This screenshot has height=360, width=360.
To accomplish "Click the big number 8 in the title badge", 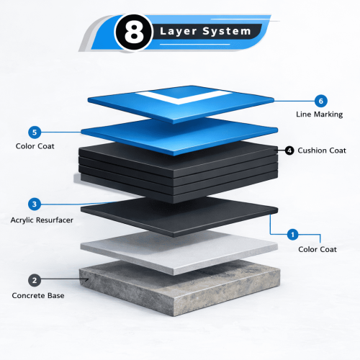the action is [x=134, y=32].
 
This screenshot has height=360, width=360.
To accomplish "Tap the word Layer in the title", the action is [x=179, y=32].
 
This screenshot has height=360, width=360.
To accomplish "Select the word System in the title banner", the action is [x=227, y=32].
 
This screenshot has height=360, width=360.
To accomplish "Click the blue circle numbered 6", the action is [x=321, y=101].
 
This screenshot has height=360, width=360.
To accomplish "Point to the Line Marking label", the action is [x=319, y=114].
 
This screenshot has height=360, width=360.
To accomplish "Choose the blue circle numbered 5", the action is [x=35, y=132].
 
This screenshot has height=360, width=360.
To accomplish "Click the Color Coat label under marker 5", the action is [x=35, y=146].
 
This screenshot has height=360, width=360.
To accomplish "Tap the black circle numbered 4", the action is [x=289, y=150].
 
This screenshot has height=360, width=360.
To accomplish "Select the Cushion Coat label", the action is [x=322, y=150].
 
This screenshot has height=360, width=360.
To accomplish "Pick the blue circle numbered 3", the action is [x=35, y=204].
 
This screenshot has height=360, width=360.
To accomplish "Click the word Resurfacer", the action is [x=55, y=220].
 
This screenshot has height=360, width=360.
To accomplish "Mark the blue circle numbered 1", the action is [x=292, y=235].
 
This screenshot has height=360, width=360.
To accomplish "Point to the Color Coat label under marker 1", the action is [x=318, y=249].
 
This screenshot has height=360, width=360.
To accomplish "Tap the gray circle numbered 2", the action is [x=35, y=280].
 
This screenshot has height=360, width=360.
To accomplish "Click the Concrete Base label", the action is [x=38, y=295].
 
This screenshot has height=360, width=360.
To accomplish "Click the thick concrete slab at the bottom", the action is [x=179, y=288].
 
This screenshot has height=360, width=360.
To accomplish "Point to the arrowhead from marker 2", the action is [x=87, y=279].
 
